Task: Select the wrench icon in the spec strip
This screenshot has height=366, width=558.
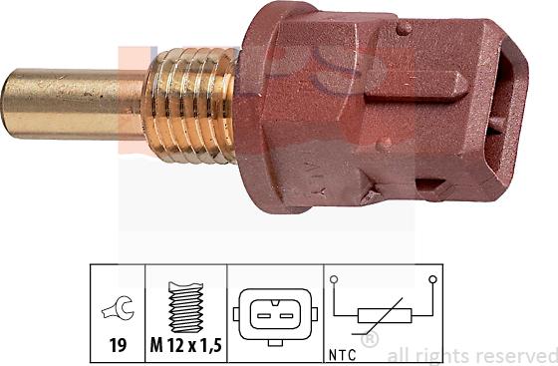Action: [x=118, y=311]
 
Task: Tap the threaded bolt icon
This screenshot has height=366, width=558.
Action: [x=186, y=309]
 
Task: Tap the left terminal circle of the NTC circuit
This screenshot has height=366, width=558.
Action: [x=337, y=281]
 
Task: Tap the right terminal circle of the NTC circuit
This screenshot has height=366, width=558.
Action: [x=432, y=281]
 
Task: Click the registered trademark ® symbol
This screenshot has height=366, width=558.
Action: [x=370, y=340]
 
